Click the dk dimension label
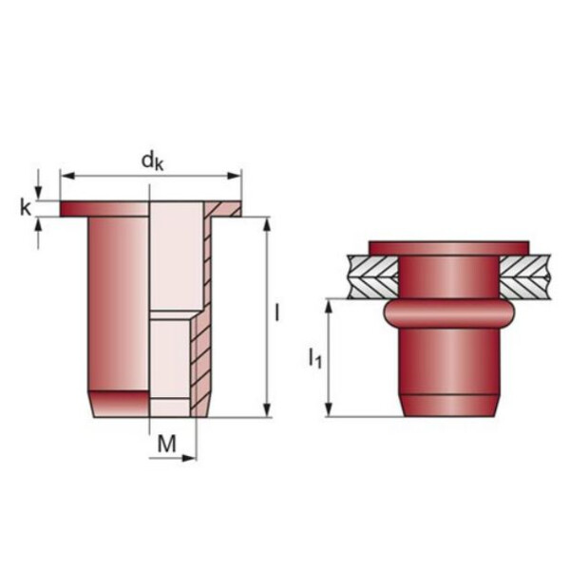[x=152, y=161]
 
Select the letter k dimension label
[x=26, y=208]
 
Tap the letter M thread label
[x=167, y=443]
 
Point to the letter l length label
[x=277, y=313]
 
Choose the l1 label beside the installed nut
[x=315, y=358]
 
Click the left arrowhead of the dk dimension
[x=68, y=176]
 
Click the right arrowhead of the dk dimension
[x=234, y=176]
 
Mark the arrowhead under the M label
[x=189, y=458]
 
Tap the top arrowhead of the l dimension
[x=267, y=224]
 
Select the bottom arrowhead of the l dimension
[x=267, y=410]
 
